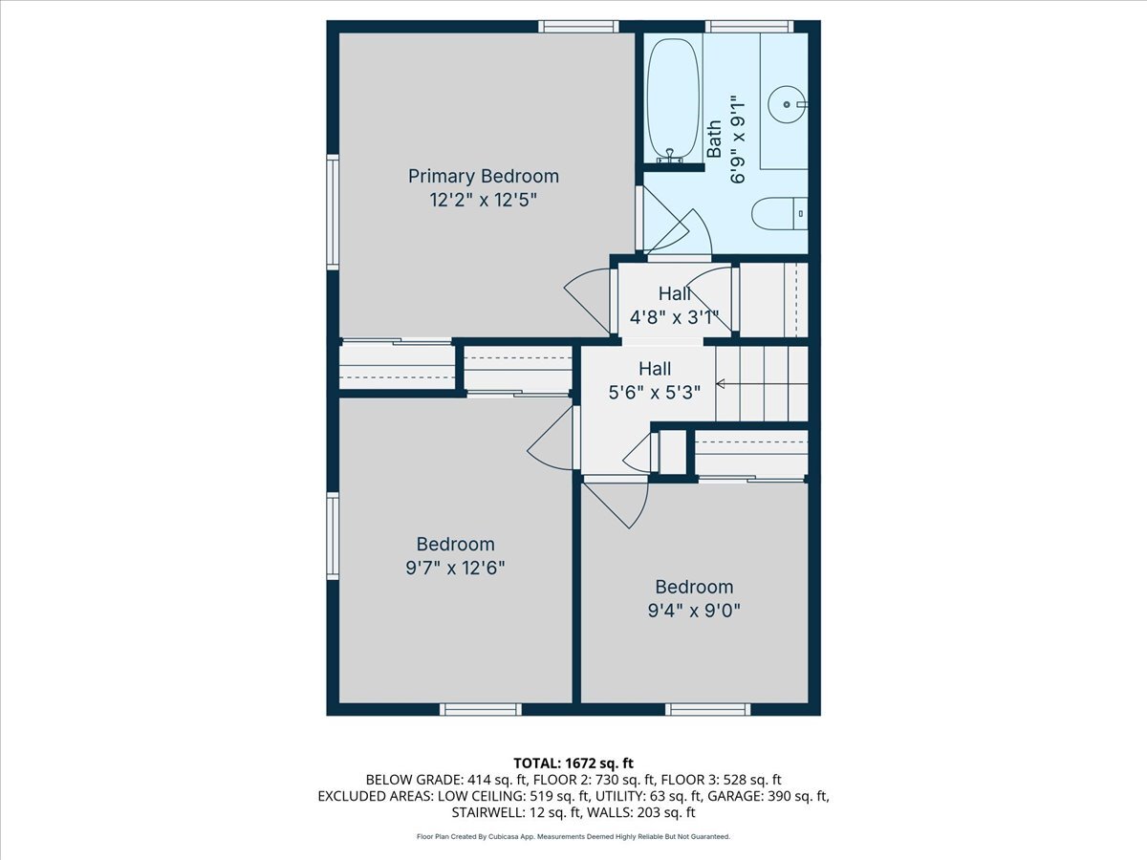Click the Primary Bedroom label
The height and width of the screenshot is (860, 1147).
click(x=483, y=176)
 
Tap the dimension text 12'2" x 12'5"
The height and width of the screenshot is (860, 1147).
click(x=483, y=200)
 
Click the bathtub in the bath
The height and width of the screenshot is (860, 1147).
click(x=672, y=96)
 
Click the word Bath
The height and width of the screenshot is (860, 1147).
click(x=714, y=140)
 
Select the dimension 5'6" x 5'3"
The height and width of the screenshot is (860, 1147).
click(x=655, y=391)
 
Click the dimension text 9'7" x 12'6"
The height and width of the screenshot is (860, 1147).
click(x=454, y=567)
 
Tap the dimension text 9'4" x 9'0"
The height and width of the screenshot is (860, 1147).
click(x=694, y=610)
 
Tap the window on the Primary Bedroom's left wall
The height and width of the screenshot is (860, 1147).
click(x=333, y=211)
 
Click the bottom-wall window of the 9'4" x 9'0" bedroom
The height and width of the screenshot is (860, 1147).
click(x=707, y=709)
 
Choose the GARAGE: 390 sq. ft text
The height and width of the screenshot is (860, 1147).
click(x=770, y=796)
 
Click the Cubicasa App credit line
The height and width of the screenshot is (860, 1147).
click(x=573, y=836)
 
